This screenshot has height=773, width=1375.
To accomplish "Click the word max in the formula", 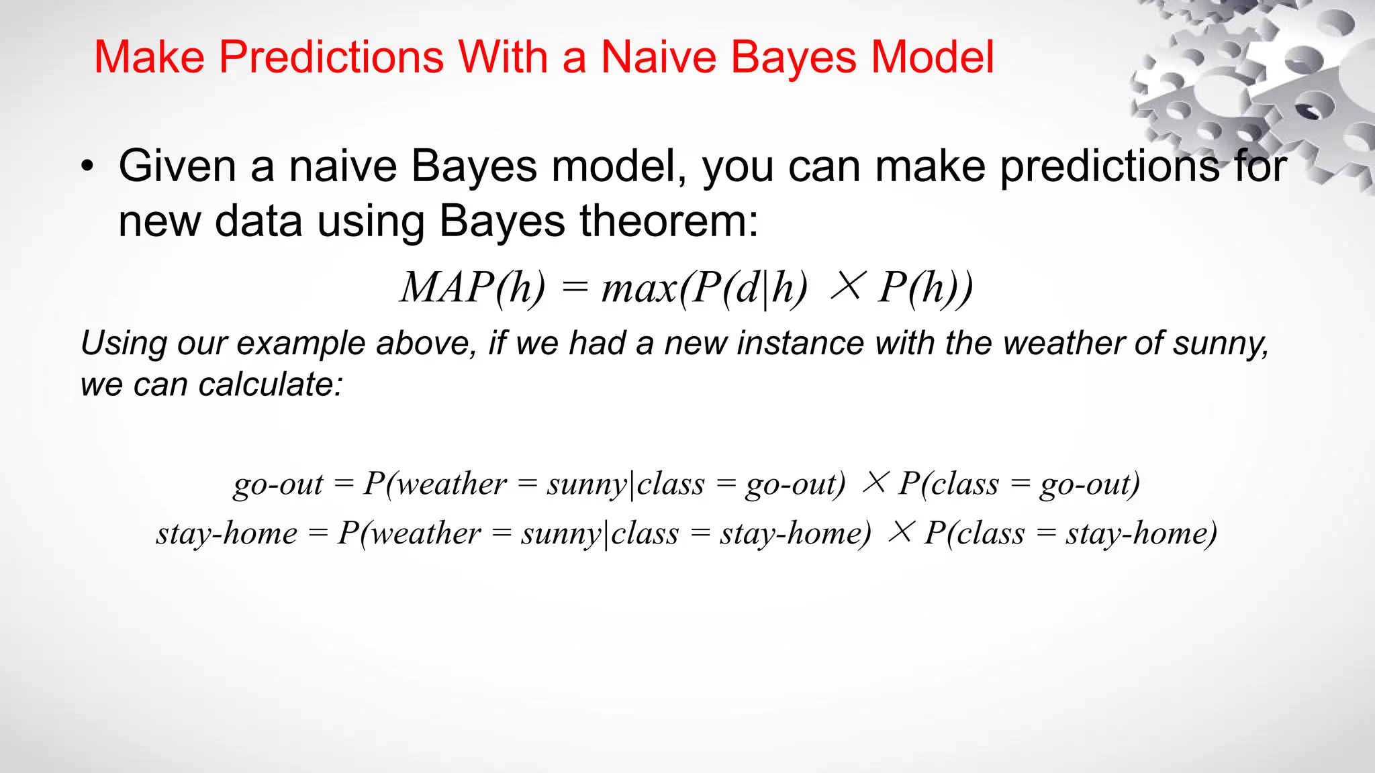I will pyautogui.click(x=638, y=289).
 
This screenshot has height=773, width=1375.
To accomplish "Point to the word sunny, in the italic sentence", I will pyautogui.click(x=1221, y=344).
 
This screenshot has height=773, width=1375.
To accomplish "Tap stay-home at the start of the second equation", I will pyautogui.click(x=227, y=533).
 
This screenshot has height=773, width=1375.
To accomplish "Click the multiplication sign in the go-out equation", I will pyautogui.click(x=875, y=482).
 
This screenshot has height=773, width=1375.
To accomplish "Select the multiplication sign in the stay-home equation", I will pyautogui.click(x=901, y=531).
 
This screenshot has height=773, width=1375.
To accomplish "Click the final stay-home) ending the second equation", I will pyautogui.click(x=1141, y=533).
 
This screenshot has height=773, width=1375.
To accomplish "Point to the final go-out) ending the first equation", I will pyautogui.click(x=1090, y=484).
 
